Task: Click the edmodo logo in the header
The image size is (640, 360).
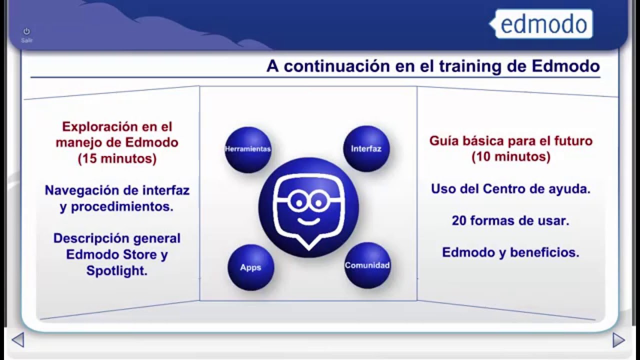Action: point(541,23)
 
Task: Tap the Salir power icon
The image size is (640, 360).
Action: point(26,31)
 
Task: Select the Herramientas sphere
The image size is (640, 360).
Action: point(248,149)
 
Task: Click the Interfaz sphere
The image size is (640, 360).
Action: point(366,148)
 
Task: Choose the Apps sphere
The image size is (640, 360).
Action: point(250,267)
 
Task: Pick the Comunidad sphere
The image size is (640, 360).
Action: point(367,265)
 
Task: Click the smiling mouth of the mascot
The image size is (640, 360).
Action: point(308,221)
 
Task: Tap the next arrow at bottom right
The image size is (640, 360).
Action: point(618,340)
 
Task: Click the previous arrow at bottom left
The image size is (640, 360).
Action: point(18,340)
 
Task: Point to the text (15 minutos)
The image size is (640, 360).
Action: point(117,158)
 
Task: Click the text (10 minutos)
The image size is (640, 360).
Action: point(511,157)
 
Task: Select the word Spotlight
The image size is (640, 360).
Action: point(117,270)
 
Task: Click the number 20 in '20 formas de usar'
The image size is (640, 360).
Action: point(459,220)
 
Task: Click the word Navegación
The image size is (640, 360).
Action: point(82,190)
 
